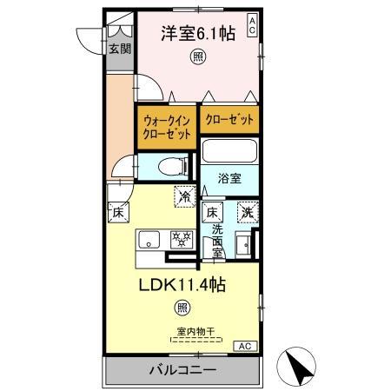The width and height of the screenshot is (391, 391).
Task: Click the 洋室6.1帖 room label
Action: click(x=196, y=34)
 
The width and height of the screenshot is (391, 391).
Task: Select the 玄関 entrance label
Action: click(x=119, y=50)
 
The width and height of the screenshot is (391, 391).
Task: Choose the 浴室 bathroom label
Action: click(x=229, y=180)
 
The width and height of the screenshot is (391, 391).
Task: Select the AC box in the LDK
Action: click(x=247, y=345)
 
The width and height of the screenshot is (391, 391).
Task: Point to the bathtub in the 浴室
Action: click(x=229, y=153)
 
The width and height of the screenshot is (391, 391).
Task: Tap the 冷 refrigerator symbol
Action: click(x=184, y=196)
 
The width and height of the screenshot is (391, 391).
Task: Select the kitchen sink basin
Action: click(x=147, y=239)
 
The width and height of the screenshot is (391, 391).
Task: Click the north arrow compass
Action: click(x=299, y=368)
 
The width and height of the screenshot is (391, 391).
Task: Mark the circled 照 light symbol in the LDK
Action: click(x=182, y=307)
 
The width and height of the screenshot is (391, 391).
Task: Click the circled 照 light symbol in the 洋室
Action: click(x=198, y=57)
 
